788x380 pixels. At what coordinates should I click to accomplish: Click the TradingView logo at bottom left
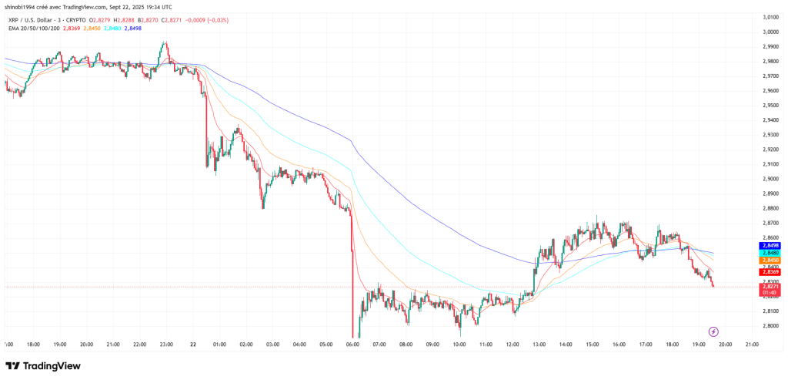point(43,365)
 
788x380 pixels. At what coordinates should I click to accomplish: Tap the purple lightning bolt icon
point(713,331)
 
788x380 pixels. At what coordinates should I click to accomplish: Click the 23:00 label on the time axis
point(166,344)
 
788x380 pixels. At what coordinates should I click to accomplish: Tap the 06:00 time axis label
point(353,344)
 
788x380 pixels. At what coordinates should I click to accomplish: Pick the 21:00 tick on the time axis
point(753,344)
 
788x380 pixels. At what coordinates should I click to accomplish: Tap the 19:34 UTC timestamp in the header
point(159,7)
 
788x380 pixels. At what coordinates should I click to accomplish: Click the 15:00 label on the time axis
point(593,344)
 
